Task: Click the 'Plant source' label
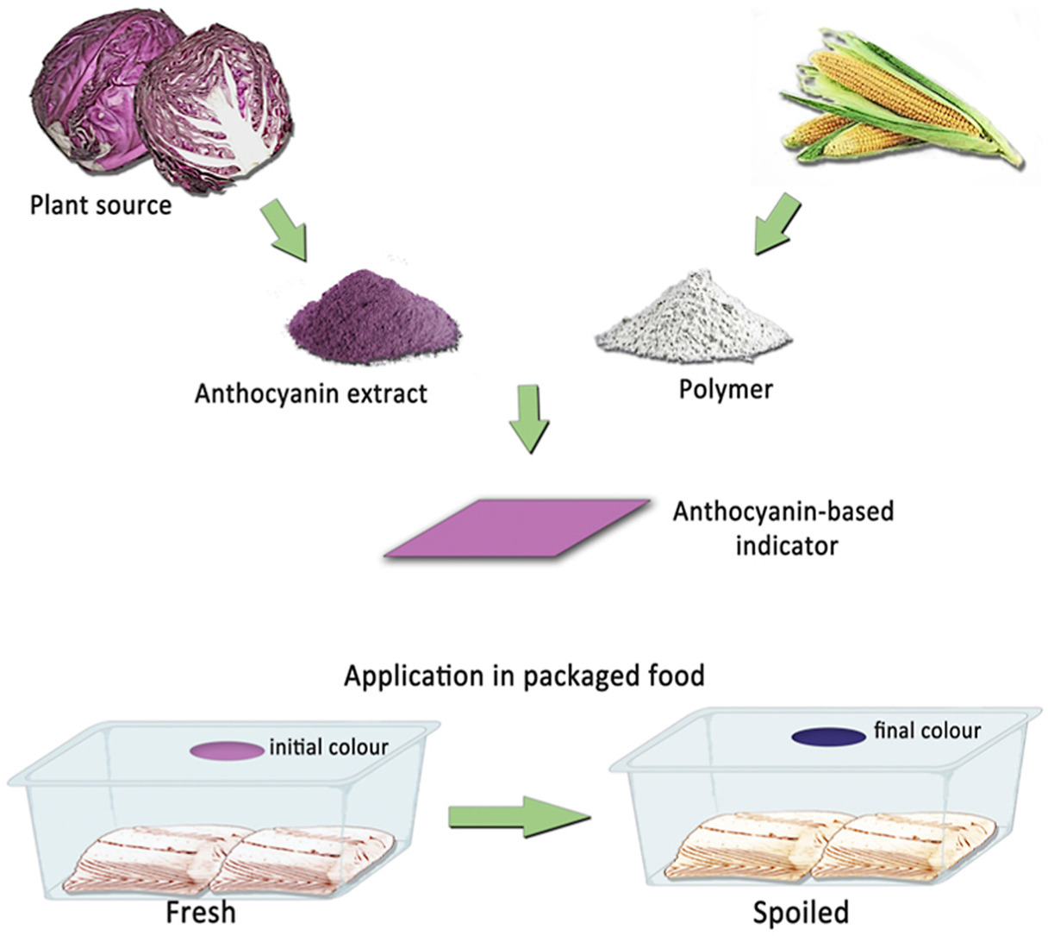point(100,205)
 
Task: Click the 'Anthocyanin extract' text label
point(310,394)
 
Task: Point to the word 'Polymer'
point(725,389)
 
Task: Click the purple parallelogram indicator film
point(517,526)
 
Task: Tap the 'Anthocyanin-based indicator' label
point(783,528)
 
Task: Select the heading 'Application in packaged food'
point(524,675)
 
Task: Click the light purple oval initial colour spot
point(227,750)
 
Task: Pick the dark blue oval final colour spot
point(828,737)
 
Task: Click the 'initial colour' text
point(328,746)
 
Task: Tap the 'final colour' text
point(927,732)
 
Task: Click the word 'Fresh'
point(201,912)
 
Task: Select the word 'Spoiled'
point(801,912)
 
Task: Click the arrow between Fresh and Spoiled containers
point(519,815)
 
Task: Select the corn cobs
point(888,104)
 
